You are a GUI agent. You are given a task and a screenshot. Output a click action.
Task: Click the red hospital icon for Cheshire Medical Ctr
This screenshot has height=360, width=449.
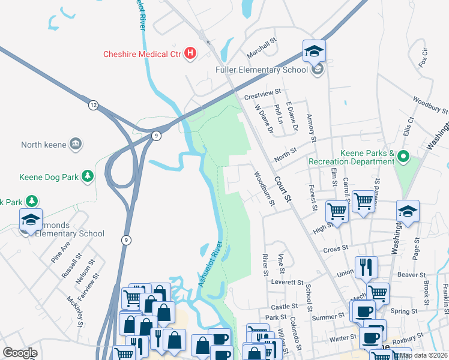[190, 54]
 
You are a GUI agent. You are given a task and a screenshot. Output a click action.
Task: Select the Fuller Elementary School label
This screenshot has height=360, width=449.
[265, 70]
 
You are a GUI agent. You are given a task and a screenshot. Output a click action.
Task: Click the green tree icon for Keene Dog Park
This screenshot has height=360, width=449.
[88, 176]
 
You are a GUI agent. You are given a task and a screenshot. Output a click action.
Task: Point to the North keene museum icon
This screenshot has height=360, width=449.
[76, 144]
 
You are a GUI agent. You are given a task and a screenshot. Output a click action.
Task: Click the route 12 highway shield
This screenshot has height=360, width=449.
[93, 105]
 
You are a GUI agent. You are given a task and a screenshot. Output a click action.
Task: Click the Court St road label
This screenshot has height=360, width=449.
[283, 189]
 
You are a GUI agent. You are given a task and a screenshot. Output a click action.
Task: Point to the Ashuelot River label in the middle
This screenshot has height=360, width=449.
[211, 264]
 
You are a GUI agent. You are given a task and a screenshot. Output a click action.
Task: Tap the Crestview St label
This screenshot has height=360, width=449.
[262, 92]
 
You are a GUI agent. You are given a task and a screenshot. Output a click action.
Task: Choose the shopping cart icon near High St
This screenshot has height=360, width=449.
[337, 211]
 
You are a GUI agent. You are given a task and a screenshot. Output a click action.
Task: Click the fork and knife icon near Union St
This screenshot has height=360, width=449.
[366, 266]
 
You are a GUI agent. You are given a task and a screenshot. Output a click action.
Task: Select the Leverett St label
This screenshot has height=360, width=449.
[287, 282]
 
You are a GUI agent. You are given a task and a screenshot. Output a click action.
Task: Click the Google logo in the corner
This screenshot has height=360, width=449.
[20, 353]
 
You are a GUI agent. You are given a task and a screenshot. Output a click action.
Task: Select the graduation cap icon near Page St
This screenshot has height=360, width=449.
[408, 211]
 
